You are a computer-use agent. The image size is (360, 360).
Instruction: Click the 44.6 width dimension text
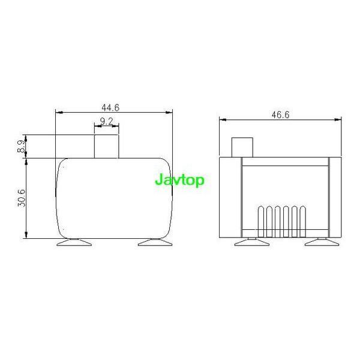pos(110,108)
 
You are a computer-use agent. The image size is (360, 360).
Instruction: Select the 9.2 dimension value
pos(107,122)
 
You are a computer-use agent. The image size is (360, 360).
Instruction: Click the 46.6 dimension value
pos(280,115)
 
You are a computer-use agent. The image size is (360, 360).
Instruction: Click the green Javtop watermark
pos(179,180)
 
